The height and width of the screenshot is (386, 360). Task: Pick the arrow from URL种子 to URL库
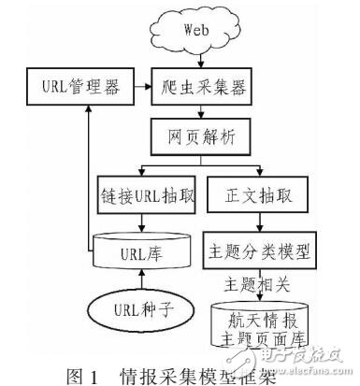tap(140, 280)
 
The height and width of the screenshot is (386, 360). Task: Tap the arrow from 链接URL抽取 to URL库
tap(140, 224)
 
